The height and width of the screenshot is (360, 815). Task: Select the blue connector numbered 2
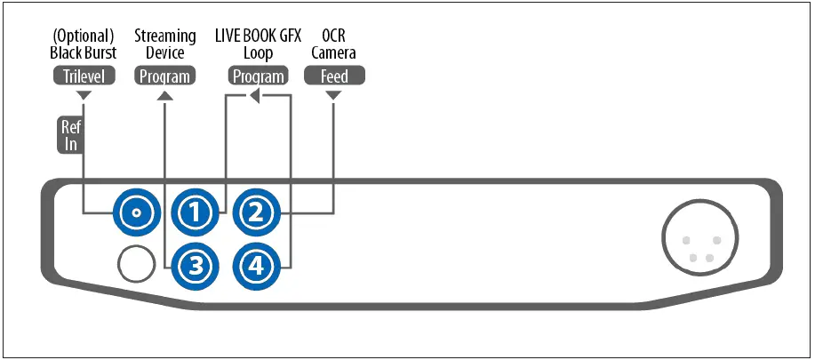point(256,213)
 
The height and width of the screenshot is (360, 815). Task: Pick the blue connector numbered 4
point(256,263)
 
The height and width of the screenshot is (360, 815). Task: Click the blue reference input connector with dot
point(135,213)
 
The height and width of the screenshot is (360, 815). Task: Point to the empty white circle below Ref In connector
point(135,263)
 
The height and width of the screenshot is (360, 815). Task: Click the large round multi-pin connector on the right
point(698,239)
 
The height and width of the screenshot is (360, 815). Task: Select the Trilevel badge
point(84,76)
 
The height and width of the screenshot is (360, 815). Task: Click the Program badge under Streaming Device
point(164,76)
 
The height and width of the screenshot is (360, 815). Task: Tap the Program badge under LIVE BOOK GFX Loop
point(257,76)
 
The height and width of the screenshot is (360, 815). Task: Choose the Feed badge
point(334,76)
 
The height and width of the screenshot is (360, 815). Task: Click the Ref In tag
point(70,136)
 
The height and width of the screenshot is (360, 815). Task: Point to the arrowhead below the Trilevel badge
point(84,95)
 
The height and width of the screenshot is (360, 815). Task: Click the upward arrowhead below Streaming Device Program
point(164,95)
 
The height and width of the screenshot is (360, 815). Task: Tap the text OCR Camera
point(334,44)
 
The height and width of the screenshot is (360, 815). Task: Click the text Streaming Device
point(164,44)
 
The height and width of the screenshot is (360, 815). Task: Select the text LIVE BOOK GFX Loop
point(257,44)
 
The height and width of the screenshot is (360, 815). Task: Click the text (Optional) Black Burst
point(83,44)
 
